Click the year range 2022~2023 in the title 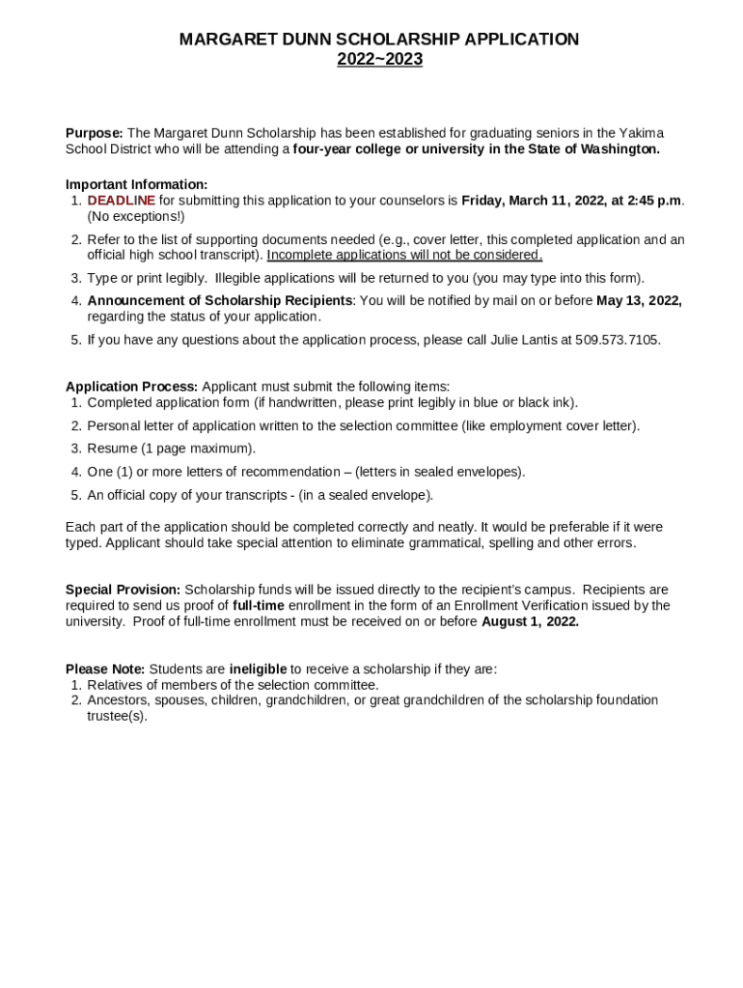tap(379, 60)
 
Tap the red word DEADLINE tap(121, 201)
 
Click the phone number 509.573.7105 tap(618, 340)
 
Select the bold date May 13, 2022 tap(639, 301)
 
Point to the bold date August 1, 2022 tap(530, 621)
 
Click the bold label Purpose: tap(95, 133)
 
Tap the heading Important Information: tap(136, 184)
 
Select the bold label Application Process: tap(131, 387)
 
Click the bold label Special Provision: tap(123, 590)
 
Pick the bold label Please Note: tap(105, 669)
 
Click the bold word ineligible tap(258, 669)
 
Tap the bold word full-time tap(259, 606)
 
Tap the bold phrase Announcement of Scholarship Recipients tap(220, 301)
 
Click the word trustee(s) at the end tap(117, 716)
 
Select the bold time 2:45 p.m tap(653, 201)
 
